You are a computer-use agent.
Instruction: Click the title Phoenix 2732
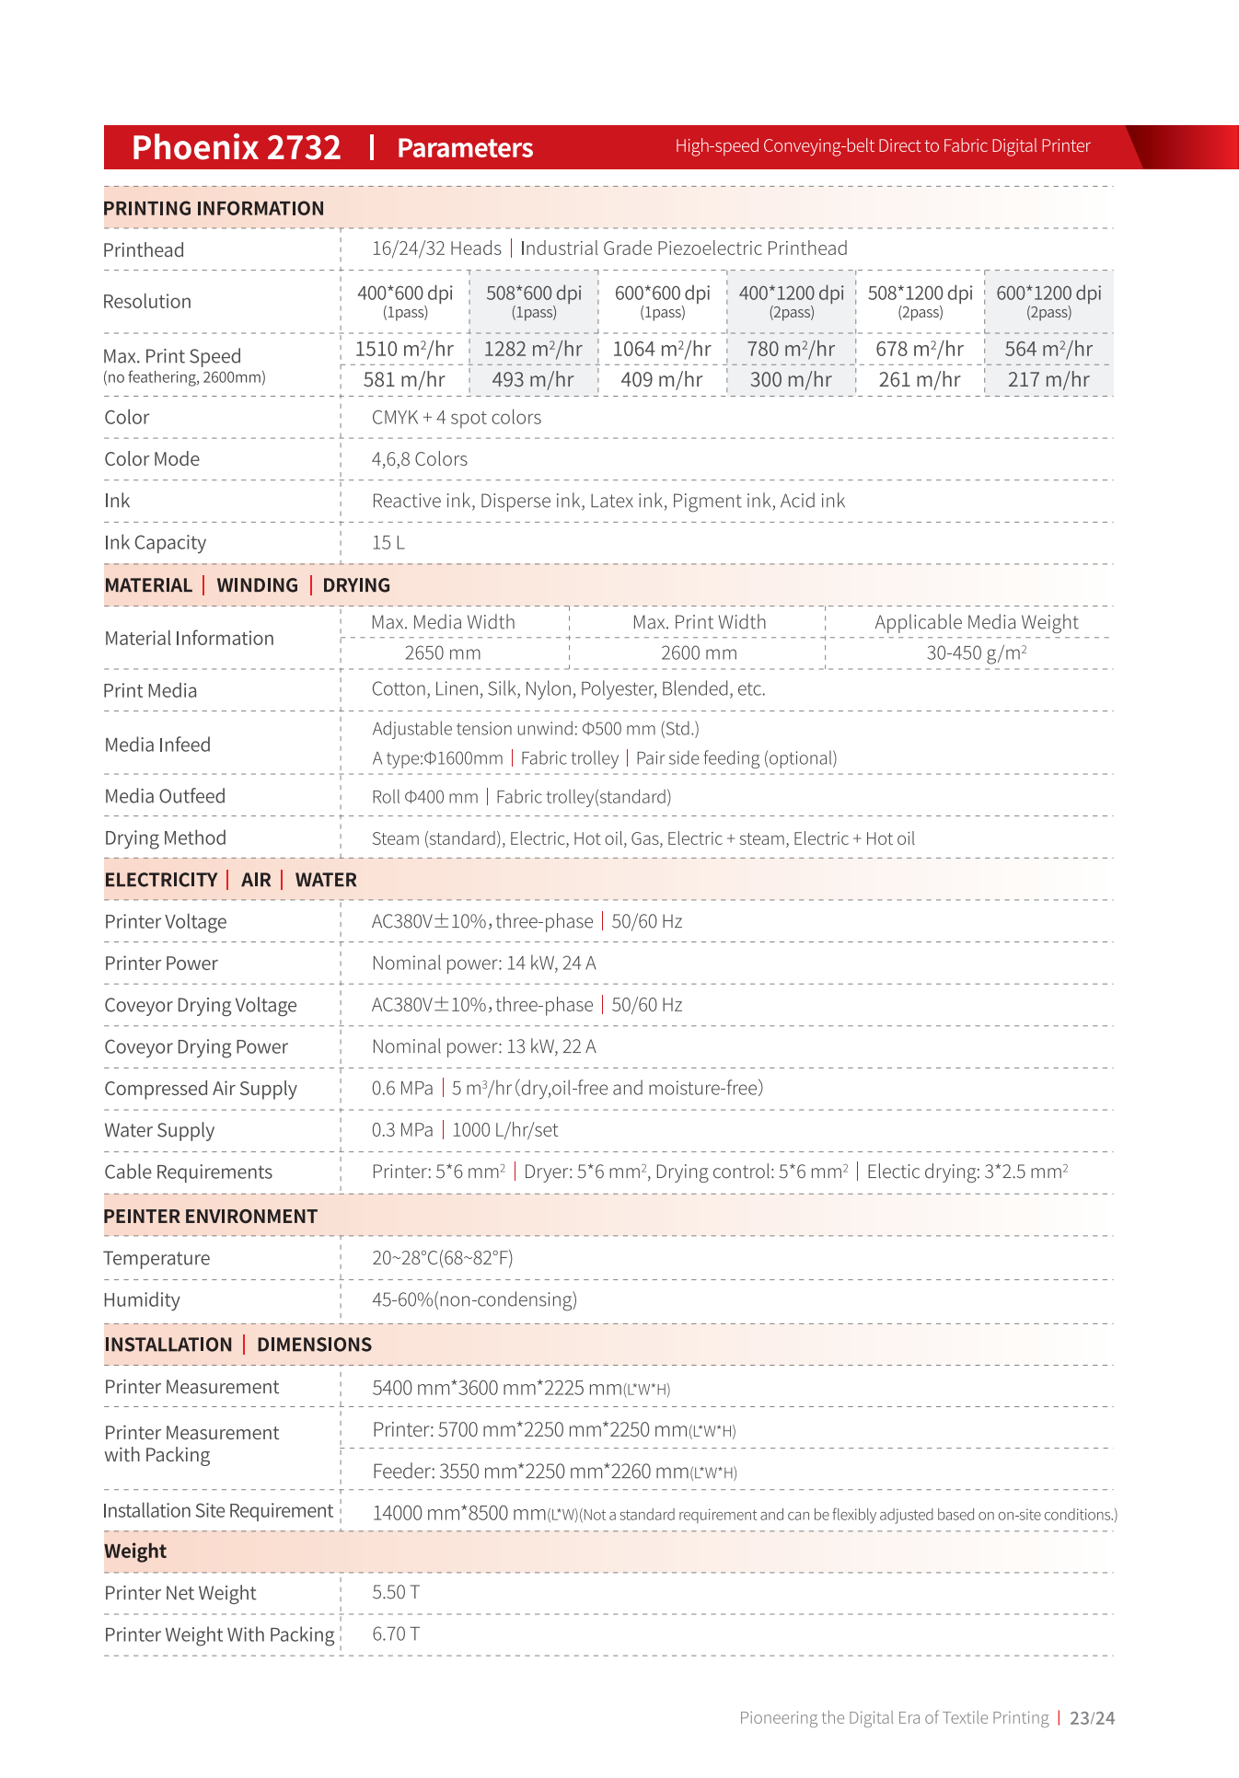click(236, 147)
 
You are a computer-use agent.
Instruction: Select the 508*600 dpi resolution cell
click(534, 301)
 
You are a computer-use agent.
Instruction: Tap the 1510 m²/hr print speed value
click(404, 349)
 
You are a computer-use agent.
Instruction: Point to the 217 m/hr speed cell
click(1048, 379)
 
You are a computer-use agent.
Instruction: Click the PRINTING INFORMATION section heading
click(214, 208)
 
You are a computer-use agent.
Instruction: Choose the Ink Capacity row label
click(155, 543)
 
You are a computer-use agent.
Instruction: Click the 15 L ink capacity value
click(388, 543)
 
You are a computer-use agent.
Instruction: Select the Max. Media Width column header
click(443, 622)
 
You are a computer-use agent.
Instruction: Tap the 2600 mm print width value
click(699, 652)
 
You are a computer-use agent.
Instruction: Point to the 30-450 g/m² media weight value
click(976, 652)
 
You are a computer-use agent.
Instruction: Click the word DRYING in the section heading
click(356, 585)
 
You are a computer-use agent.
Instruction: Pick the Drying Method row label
click(165, 838)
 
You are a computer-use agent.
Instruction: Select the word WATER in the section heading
click(326, 880)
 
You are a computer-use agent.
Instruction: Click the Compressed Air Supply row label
click(201, 1089)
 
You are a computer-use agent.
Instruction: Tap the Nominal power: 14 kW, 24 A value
click(483, 964)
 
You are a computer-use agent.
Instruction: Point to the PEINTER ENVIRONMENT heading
click(210, 1217)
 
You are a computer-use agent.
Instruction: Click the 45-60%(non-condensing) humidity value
click(474, 1299)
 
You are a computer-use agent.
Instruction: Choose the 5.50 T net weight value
click(396, 1592)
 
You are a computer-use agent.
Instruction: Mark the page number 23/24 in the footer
click(1092, 1718)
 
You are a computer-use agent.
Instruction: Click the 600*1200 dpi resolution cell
click(1048, 301)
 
